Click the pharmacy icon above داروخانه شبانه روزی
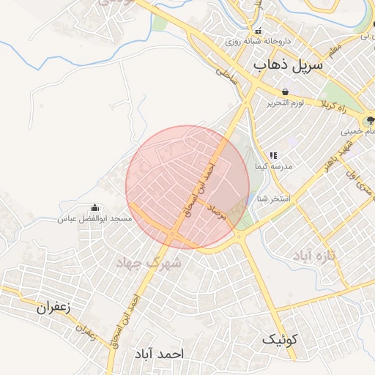(259, 31)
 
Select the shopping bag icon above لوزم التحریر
(283, 92)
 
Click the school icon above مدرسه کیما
(273, 155)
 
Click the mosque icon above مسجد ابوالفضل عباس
(93, 209)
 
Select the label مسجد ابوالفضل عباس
(95, 219)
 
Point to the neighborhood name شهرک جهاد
(152, 261)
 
